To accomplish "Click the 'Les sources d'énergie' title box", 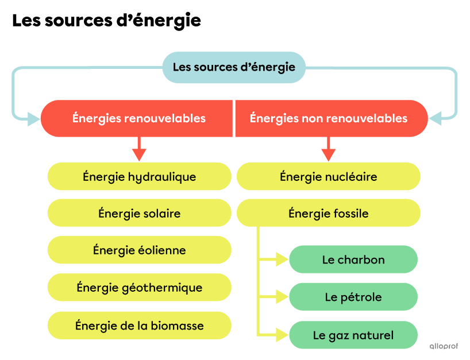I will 234,67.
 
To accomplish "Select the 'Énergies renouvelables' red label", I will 138,118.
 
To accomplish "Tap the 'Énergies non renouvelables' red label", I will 329,118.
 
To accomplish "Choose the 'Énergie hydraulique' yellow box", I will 139,176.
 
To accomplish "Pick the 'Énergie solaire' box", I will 139,214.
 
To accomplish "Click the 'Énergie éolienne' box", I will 139,250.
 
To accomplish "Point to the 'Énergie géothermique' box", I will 139,287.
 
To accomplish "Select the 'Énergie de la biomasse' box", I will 139,326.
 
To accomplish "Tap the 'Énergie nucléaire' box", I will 328,176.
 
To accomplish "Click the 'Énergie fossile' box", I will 328,214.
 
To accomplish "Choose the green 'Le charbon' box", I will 353,260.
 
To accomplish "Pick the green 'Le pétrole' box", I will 353,297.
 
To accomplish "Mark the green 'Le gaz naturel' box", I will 353,335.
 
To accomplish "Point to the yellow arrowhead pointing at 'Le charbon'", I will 282,260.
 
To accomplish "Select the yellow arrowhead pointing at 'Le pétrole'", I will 282,297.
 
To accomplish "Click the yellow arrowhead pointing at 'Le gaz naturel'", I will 282,334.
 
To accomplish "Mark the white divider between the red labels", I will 234,118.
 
